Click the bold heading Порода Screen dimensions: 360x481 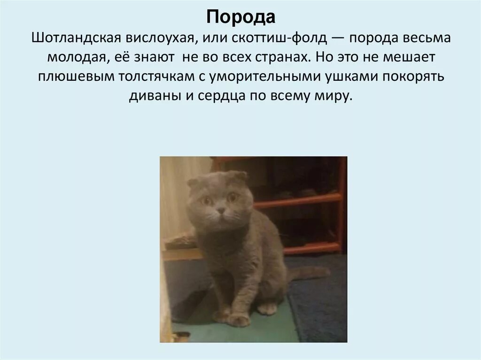click(240, 18)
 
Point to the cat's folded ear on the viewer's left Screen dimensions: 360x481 click(193, 182)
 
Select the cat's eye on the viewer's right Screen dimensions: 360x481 click(232, 198)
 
